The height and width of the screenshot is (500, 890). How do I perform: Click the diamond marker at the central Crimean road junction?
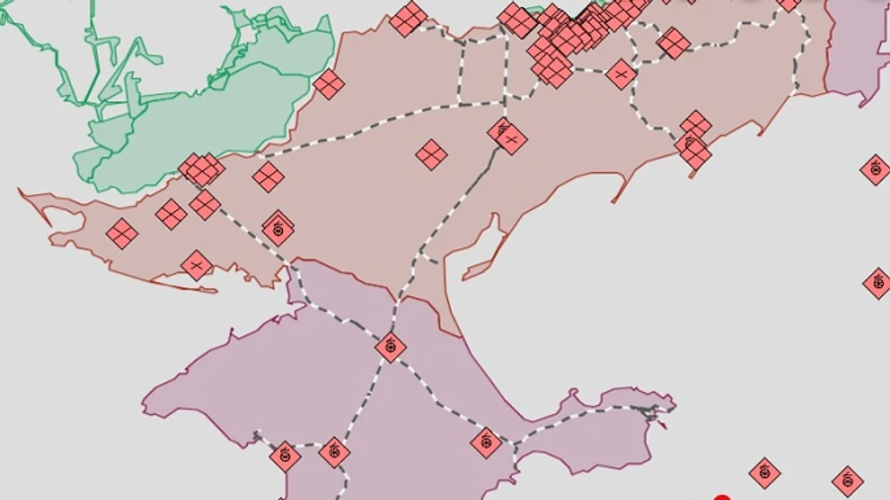391,347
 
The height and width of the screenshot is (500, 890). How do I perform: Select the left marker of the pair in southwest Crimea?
285,456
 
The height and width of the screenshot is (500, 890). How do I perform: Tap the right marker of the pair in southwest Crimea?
334,452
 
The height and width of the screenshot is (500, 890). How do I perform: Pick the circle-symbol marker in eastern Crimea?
486,443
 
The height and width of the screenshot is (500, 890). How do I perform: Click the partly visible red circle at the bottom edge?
722,497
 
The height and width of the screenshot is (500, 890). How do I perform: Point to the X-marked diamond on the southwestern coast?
197,265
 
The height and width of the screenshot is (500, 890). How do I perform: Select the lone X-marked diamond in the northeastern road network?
621,74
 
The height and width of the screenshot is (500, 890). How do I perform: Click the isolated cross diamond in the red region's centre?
431,154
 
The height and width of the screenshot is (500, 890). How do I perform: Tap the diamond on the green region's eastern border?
328,84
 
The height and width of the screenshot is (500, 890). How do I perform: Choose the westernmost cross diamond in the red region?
122,234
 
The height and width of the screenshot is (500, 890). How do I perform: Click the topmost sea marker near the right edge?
875,169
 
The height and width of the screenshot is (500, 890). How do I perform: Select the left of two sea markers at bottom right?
764,473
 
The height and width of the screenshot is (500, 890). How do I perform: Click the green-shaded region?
198,119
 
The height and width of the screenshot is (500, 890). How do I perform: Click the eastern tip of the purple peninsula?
672,403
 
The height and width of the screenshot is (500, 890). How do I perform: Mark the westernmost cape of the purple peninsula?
145,404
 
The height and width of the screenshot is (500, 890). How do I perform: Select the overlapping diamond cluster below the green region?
202,169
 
